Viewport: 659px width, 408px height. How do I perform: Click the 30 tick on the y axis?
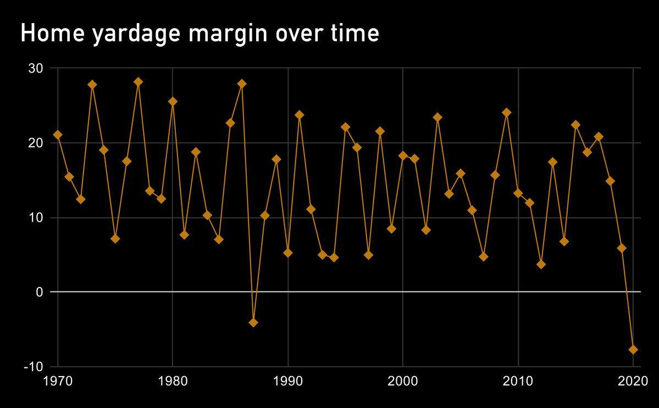coord(35,68)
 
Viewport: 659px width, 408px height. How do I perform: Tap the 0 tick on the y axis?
coord(39,292)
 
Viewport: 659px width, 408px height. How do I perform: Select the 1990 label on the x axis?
coord(287,381)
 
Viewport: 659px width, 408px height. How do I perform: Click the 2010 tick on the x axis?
coord(518,381)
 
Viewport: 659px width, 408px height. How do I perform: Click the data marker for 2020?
coord(633,349)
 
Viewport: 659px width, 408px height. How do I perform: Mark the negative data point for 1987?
coord(253,322)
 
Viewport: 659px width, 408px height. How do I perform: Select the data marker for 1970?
coord(58,135)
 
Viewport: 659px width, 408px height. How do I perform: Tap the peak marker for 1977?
coord(138,82)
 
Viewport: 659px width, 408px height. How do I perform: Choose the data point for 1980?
coord(173,101)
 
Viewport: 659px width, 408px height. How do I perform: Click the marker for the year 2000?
coord(403,156)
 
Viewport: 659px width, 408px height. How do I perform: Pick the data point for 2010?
coord(518,193)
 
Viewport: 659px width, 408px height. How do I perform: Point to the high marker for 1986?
coord(242,84)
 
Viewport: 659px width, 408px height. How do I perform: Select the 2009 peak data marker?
coord(507,113)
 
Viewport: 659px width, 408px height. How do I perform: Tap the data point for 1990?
coord(287,252)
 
